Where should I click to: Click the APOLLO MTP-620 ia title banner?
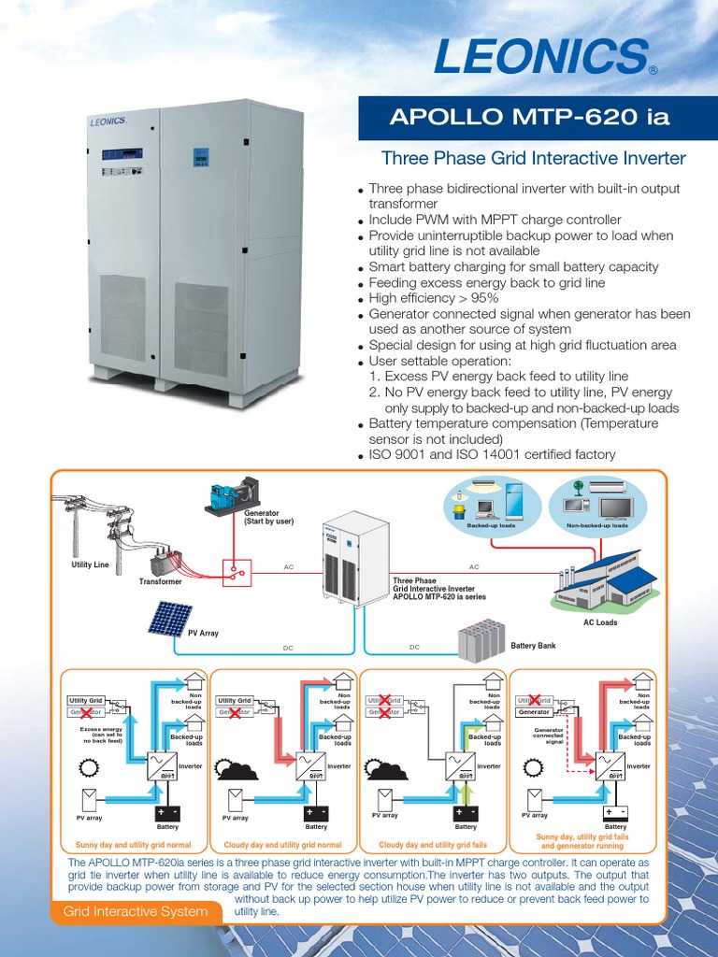coord(529,117)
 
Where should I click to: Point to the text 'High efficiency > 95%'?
coord(434,298)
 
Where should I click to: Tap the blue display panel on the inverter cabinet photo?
coord(200,155)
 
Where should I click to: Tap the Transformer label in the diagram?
coord(160,580)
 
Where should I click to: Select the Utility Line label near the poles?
coord(90,565)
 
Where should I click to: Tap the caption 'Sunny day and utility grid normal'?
coord(133,845)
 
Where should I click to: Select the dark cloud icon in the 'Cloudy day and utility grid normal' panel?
coord(237,769)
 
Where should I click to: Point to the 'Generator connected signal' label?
coord(549,736)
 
